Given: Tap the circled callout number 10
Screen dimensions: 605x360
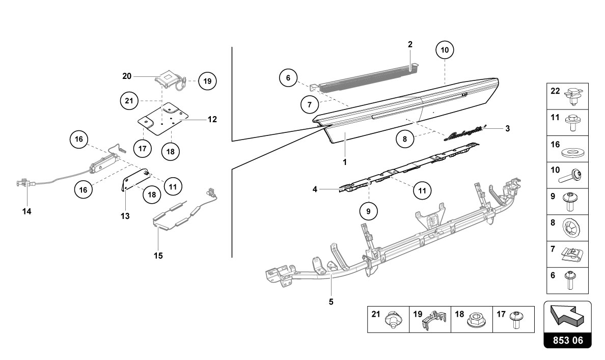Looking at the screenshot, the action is (445, 50).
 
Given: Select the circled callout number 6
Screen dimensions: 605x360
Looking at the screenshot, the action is (288, 78).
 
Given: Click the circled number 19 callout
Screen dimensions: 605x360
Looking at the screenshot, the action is (207, 81).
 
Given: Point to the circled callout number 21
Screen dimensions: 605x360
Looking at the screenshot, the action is (129, 101).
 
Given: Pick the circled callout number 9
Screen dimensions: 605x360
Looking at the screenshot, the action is (369, 211).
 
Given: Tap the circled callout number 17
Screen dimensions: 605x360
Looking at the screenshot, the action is (143, 148).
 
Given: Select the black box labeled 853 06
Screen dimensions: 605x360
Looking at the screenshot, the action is (568, 340).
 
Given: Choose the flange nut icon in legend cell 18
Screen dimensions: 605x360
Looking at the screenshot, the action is (475, 320).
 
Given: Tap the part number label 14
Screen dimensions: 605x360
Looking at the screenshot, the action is (26, 211).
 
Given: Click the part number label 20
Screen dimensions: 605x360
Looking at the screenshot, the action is (127, 76).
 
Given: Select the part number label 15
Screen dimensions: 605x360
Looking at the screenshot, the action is (158, 256).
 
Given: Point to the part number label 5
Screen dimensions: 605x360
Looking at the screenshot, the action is (331, 302).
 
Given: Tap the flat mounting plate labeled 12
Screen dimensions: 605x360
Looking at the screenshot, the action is (163, 119).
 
